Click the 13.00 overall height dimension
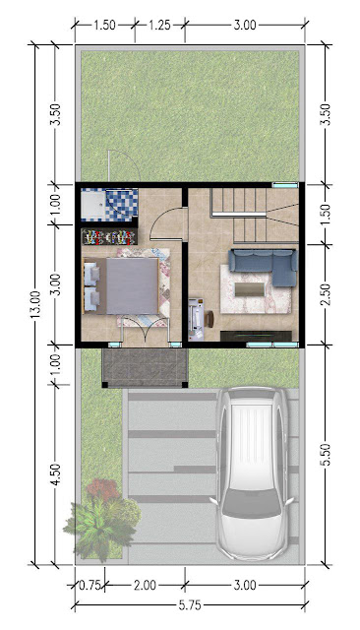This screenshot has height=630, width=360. point(35,304)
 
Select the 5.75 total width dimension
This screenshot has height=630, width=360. point(190,604)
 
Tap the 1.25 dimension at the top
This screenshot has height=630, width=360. point(159,26)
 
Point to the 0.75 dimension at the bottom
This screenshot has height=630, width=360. point(90,585)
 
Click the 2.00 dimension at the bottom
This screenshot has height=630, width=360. point(145,585)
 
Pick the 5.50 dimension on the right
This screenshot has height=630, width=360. point(327,455)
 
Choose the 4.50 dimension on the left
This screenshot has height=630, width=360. point(56,474)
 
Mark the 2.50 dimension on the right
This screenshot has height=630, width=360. point(327,294)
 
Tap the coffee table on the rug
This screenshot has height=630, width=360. point(249,289)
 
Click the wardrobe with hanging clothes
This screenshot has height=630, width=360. point(109,236)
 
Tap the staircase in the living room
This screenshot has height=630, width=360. point(255,216)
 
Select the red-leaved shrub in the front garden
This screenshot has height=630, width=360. point(102,489)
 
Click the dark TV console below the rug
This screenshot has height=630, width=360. point(256,336)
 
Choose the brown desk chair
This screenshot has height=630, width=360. point(210,319)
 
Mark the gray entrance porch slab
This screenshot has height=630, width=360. point(145,367)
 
